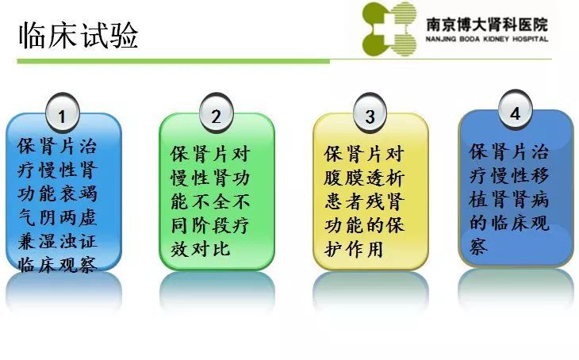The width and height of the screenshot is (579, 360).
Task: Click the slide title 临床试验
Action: (x=79, y=35)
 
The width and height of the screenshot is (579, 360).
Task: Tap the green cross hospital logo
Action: (x=389, y=29)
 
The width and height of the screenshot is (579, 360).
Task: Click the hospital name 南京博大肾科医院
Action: (x=487, y=25)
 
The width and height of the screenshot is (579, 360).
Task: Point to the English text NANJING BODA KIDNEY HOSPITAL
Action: (x=487, y=39)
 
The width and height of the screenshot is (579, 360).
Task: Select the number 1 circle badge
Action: (x=63, y=113)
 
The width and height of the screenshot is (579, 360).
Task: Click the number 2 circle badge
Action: (x=217, y=113)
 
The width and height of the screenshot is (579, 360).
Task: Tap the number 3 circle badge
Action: (x=370, y=113)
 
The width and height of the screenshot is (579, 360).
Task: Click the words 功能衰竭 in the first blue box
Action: (x=58, y=193)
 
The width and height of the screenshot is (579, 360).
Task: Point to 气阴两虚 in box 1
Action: (x=58, y=217)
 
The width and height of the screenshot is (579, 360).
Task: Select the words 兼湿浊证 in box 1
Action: (x=58, y=241)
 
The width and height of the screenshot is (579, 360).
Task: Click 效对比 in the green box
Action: (x=201, y=249)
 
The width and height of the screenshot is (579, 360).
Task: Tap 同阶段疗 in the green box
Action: (x=210, y=225)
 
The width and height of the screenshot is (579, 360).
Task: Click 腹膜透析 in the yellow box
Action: (x=365, y=178)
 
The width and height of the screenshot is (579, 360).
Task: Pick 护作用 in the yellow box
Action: (x=354, y=249)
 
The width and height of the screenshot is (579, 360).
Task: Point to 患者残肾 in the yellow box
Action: (x=365, y=201)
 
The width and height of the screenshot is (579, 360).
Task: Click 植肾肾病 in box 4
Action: (x=509, y=199)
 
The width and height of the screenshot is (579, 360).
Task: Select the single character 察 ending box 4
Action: (x=479, y=246)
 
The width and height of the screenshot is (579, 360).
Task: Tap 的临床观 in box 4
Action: (x=509, y=222)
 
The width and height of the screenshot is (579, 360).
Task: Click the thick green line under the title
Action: (x=173, y=61)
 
